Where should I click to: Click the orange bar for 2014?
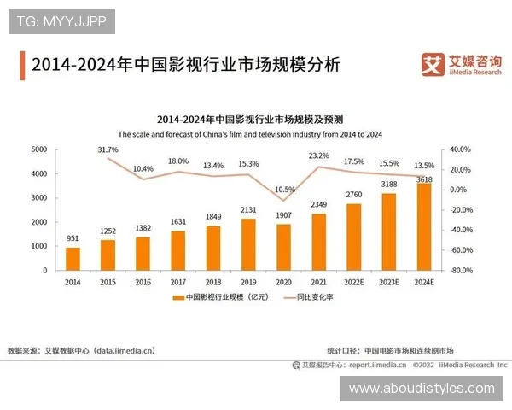click(73, 258)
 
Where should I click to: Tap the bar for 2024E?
click(423, 226)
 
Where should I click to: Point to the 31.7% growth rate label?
click(108, 149)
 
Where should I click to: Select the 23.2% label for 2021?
click(318, 155)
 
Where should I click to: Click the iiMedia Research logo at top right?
click(461, 65)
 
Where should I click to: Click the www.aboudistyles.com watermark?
click(422, 389)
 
